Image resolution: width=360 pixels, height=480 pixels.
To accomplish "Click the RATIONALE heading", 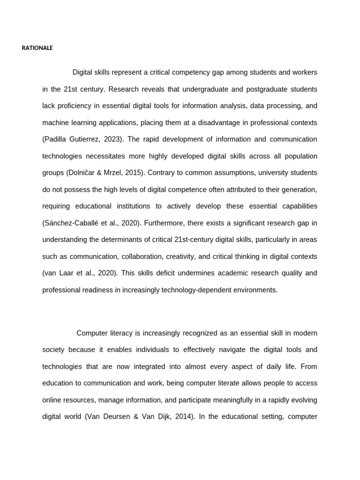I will click(x=37, y=48).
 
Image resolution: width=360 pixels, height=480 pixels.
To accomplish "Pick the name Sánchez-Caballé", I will click(x=72, y=223).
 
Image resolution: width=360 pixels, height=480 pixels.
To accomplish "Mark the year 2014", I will click(x=183, y=416).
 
